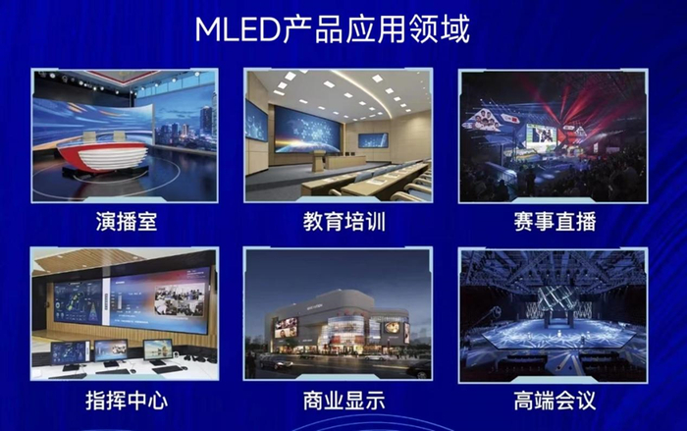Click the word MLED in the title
237,29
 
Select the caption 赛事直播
552,221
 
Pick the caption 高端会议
554,401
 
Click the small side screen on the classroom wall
373,139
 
